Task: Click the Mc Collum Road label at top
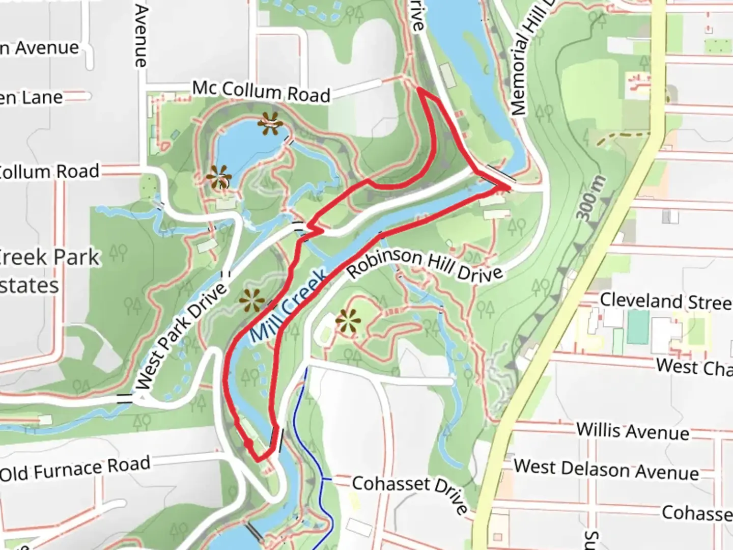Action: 261,92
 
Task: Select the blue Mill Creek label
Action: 289,306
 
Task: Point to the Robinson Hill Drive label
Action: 425,265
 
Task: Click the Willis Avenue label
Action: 633,431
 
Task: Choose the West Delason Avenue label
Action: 606,470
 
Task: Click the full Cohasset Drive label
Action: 410,492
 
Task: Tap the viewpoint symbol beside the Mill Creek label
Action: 252,300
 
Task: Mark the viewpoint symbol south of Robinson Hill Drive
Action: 348,321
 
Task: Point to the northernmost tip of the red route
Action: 418,89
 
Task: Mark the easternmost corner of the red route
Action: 509,188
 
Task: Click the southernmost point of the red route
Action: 259,460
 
